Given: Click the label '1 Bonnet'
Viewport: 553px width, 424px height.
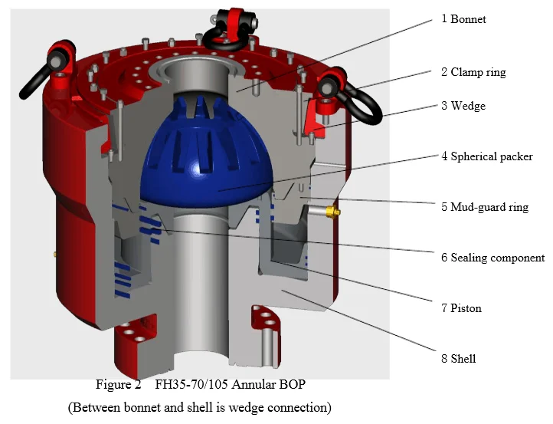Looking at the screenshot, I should tap(463, 18).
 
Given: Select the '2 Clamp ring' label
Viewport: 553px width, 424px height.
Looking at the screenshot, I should tap(473, 72).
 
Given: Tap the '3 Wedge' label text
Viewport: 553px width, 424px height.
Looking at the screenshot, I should tap(463, 105).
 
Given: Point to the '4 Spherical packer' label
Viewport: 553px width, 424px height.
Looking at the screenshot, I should tap(486, 156).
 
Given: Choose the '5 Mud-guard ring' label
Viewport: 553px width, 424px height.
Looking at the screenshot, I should tap(484, 206).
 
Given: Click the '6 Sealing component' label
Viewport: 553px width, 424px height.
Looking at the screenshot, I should tap(492, 258).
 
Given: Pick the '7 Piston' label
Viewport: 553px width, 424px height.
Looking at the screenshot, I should tap(461, 308).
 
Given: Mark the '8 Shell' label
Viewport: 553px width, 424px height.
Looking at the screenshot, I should tap(458, 358).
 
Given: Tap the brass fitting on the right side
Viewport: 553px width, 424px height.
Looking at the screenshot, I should tap(333, 211).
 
